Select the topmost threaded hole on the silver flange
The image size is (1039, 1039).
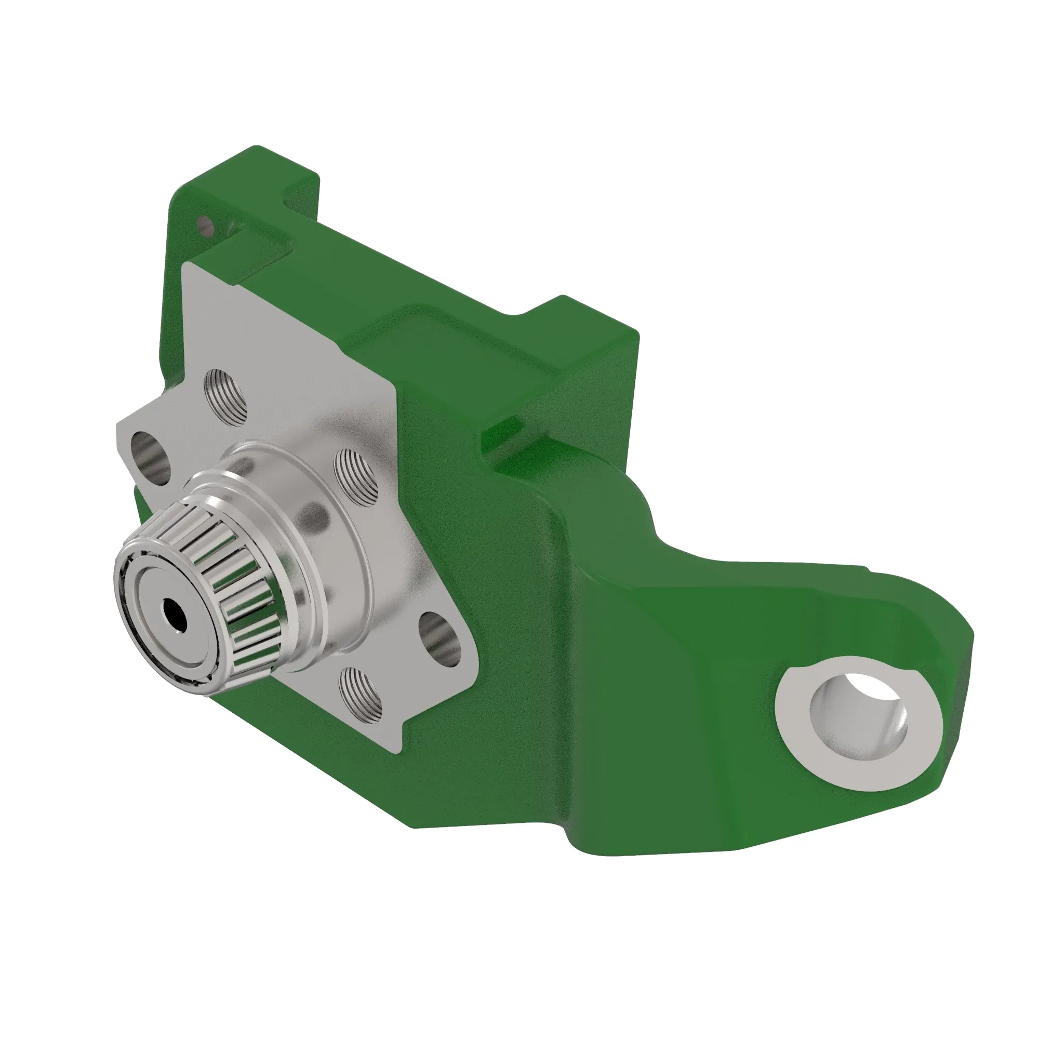227,397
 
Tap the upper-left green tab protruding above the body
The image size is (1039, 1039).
301,188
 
